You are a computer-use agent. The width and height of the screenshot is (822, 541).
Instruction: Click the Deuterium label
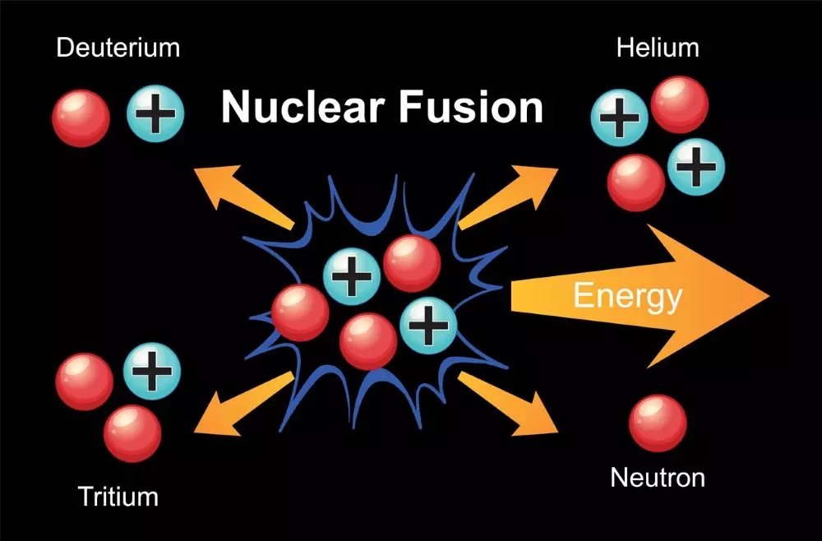[x=118, y=48]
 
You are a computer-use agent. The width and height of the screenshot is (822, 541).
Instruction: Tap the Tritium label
[x=118, y=496]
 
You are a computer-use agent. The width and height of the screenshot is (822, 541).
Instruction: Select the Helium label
[x=658, y=48]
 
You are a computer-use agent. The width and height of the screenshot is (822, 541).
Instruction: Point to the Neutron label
[x=658, y=478]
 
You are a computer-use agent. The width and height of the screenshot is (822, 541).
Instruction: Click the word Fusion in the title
[x=471, y=106]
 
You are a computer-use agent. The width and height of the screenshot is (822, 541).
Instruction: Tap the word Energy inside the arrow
[x=627, y=297]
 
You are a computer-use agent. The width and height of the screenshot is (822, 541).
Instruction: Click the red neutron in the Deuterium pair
[x=81, y=118]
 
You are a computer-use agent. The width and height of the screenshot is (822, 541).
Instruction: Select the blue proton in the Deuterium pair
[x=155, y=113]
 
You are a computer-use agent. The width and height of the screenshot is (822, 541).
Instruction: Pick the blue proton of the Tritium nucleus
[x=152, y=371]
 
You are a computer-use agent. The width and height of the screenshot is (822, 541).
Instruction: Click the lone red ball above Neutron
[x=658, y=423]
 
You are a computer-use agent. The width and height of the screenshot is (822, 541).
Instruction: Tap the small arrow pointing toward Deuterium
[x=243, y=197]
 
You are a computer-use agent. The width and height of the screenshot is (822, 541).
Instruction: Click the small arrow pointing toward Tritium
[x=243, y=404]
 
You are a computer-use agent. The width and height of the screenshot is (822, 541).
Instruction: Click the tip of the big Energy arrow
[x=769, y=296]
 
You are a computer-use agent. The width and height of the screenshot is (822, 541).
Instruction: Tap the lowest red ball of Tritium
[x=132, y=433]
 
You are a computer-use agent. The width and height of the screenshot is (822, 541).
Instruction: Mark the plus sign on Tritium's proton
[x=152, y=371]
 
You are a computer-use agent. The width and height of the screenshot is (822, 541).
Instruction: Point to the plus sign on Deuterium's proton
[x=155, y=113]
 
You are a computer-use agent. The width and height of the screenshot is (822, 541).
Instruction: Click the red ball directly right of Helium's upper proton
[x=680, y=104]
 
